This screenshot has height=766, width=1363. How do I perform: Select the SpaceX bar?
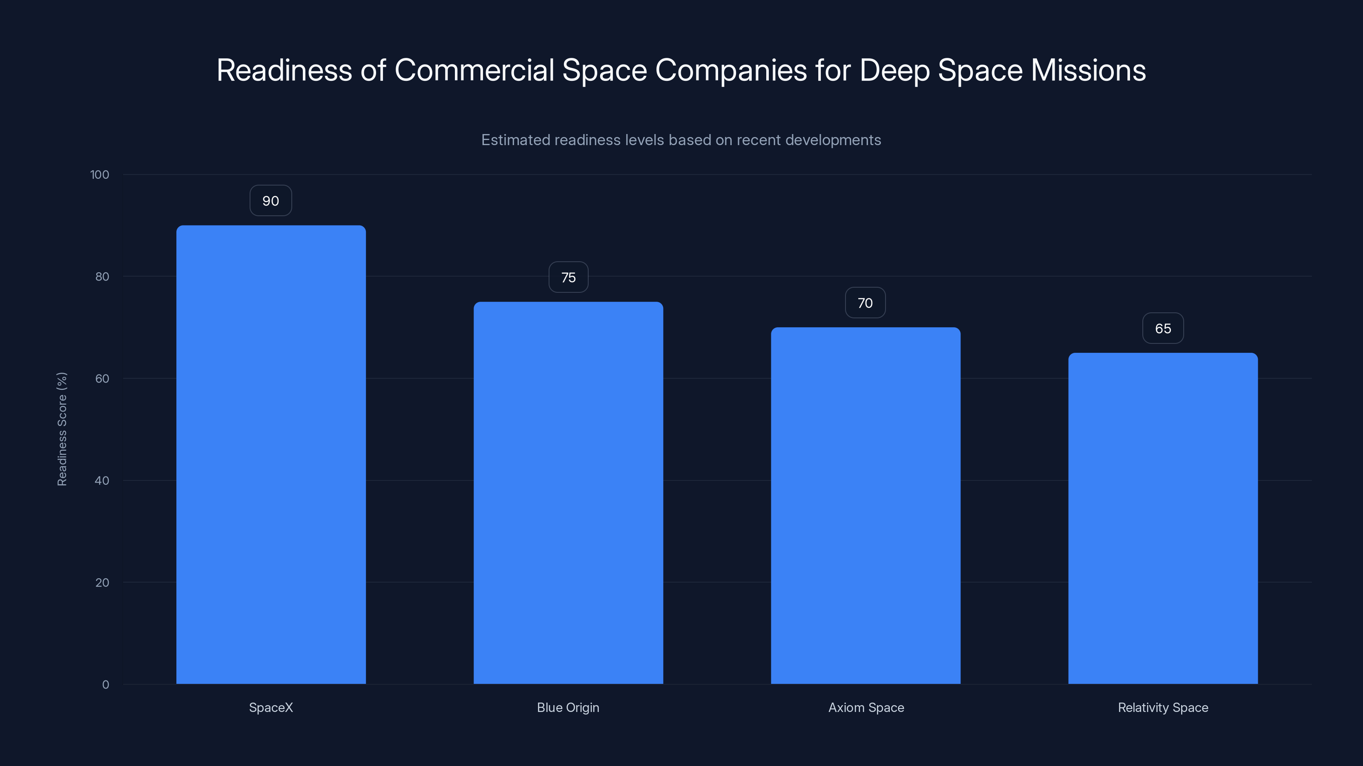pyautogui.click(x=271, y=454)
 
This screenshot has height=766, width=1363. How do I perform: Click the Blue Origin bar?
pyautogui.click(x=568, y=493)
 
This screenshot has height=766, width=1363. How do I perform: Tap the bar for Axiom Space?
pyautogui.click(x=866, y=506)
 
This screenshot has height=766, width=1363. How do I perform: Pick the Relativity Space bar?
pyautogui.click(x=1163, y=518)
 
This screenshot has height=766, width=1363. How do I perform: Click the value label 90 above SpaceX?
pyautogui.click(x=271, y=201)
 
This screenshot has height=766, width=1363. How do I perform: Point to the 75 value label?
pyautogui.click(x=568, y=277)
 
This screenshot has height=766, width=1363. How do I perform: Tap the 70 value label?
pyautogui.click(x=865, y=303)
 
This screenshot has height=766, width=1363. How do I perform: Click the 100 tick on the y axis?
pyautogui.click(x=100, y=175)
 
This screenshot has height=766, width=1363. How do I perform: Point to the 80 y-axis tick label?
pyautogui.click(x=102, y=277)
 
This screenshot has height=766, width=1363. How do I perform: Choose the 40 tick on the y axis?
pyautogui.click(x=102, y=481)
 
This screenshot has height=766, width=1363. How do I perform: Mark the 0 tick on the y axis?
pyautogui.click(x=106, y=685)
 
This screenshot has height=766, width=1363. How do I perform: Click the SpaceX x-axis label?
pyautogui.click(x=271, y=708)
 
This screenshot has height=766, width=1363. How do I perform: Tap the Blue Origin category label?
pyautogui.click(x=568, y=708)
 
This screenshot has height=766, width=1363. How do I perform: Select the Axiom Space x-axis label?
pyautogui.click(x=866, y=708)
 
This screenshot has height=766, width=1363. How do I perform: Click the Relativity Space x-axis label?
pyautogui.click(x=1163, y=708)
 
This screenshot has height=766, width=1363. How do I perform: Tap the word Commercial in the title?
pyautogui.click(x=474, y=70)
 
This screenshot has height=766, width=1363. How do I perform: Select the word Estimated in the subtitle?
pyautogui.click(x=515, y=140)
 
